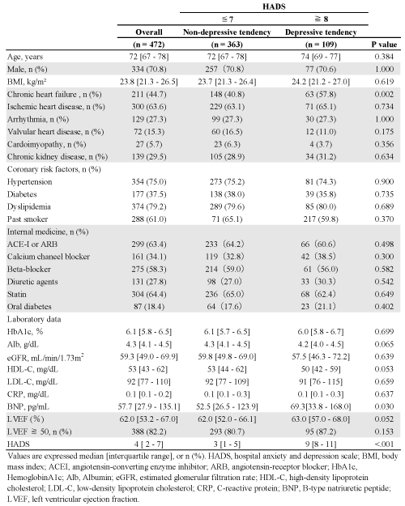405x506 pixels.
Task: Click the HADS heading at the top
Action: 274,6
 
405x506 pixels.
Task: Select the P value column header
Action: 384,45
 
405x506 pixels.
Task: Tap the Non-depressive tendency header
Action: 227,32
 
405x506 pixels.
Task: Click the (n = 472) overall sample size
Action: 148,45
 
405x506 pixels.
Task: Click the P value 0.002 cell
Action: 384,94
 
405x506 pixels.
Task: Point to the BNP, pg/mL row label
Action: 28,406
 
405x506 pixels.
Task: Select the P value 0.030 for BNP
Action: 384,406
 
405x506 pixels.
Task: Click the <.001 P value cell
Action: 384,444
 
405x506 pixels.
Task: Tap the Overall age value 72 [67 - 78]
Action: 149,57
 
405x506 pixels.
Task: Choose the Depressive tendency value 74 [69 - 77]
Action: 321,57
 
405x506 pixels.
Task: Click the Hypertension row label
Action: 29,181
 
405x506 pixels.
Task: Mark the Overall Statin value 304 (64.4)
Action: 149,294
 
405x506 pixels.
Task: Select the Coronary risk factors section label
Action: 54,169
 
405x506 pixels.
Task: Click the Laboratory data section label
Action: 34,319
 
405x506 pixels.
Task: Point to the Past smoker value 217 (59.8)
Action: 321,219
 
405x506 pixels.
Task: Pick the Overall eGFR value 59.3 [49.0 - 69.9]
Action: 149,356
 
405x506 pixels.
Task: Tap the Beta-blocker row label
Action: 29,269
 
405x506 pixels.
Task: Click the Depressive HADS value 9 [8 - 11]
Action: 321,444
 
